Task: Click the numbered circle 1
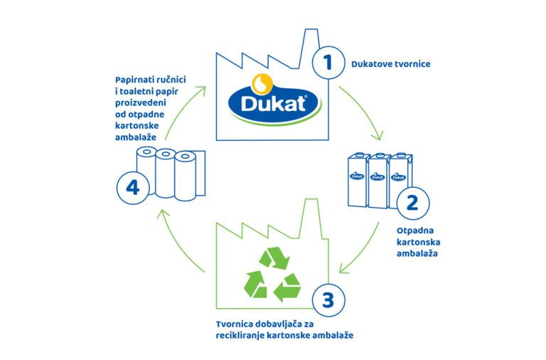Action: click(328, 63)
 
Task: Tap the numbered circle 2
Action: click(412, 203)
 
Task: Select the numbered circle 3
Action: click(328, 300)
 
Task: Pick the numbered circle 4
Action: click(133, 189)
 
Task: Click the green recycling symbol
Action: click(272, 275)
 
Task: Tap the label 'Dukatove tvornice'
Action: click(391, 64)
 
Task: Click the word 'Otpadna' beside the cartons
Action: click(415, 231)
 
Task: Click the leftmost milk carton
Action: click(358, 180)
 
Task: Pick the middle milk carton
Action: click(378, 181)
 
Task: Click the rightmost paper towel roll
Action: click(186, 176)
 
